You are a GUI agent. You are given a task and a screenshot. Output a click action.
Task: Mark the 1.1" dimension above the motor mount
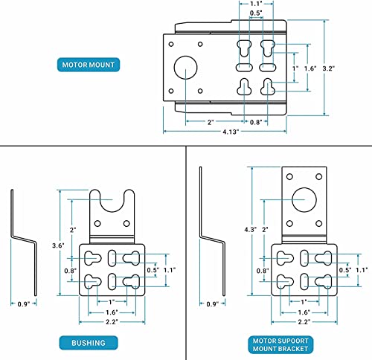click(255, 4)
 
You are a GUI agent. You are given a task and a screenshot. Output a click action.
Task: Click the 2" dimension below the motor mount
click(211, 122)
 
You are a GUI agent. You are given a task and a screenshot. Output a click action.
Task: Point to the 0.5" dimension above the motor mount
click(255, 13)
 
